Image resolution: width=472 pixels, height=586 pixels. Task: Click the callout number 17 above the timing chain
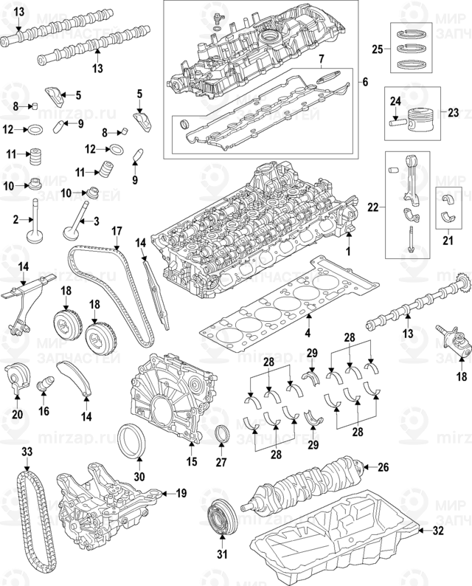tap(117, 231)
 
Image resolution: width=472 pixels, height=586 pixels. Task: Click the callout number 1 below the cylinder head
tap(350, 252)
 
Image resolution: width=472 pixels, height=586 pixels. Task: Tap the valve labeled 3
tap(71, 221)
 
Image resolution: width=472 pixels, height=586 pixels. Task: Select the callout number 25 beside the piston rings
tap(376, 49)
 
